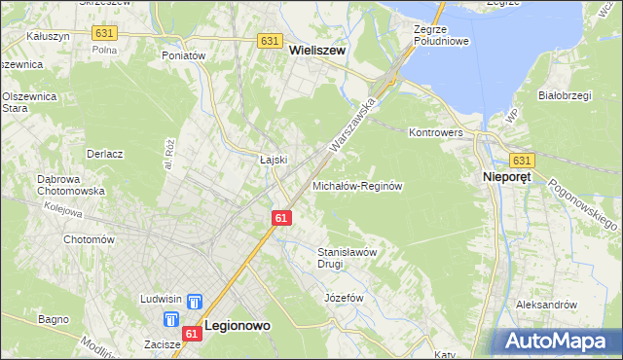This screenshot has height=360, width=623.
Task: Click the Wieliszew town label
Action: point(317,59)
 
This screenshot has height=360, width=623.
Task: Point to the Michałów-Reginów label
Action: point(357,185)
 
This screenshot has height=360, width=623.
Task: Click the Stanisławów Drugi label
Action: point(348,257)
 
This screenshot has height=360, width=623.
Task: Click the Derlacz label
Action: point(104,154)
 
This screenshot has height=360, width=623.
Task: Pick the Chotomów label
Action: point(90,239)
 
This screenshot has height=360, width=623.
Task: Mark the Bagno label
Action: point(54,318)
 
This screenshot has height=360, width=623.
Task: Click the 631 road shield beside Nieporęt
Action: point(522,161)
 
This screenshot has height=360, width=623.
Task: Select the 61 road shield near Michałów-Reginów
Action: point(280,218)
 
